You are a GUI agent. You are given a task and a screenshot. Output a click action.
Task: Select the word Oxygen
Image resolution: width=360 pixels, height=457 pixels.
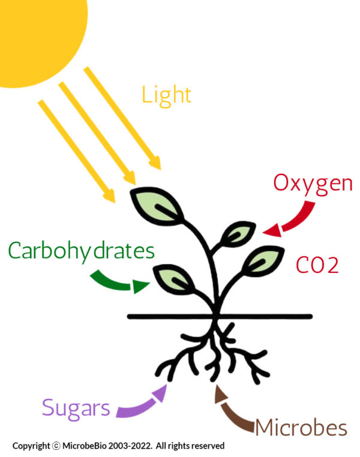pyautogui.click(x=313, y=184)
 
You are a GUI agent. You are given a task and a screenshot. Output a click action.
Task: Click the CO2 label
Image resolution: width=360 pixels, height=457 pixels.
pyautogui.click(x=317, y=264)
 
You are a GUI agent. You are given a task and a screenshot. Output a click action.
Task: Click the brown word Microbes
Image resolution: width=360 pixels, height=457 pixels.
pyautogui.click(x=301, y=428)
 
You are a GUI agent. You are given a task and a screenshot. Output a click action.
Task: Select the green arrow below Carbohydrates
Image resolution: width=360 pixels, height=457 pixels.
pyautogui.click(x=119, y=282)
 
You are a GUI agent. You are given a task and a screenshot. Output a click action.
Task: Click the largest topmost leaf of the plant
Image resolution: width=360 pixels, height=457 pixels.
pyautogui.click(x=157, y=207)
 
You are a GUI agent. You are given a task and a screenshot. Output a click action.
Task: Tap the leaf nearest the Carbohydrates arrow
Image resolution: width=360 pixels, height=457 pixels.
pyautogui.click(x=174, y=279)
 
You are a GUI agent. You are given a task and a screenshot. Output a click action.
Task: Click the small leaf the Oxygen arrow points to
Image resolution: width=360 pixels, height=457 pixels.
pyautogui.click(x=238, y=234)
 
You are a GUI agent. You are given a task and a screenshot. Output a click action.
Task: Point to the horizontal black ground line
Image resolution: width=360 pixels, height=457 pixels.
pyautogui.click(x=220, y=317)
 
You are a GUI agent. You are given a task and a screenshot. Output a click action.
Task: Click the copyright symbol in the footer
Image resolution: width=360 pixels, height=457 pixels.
pyautogui.click(x=56, y=446)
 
